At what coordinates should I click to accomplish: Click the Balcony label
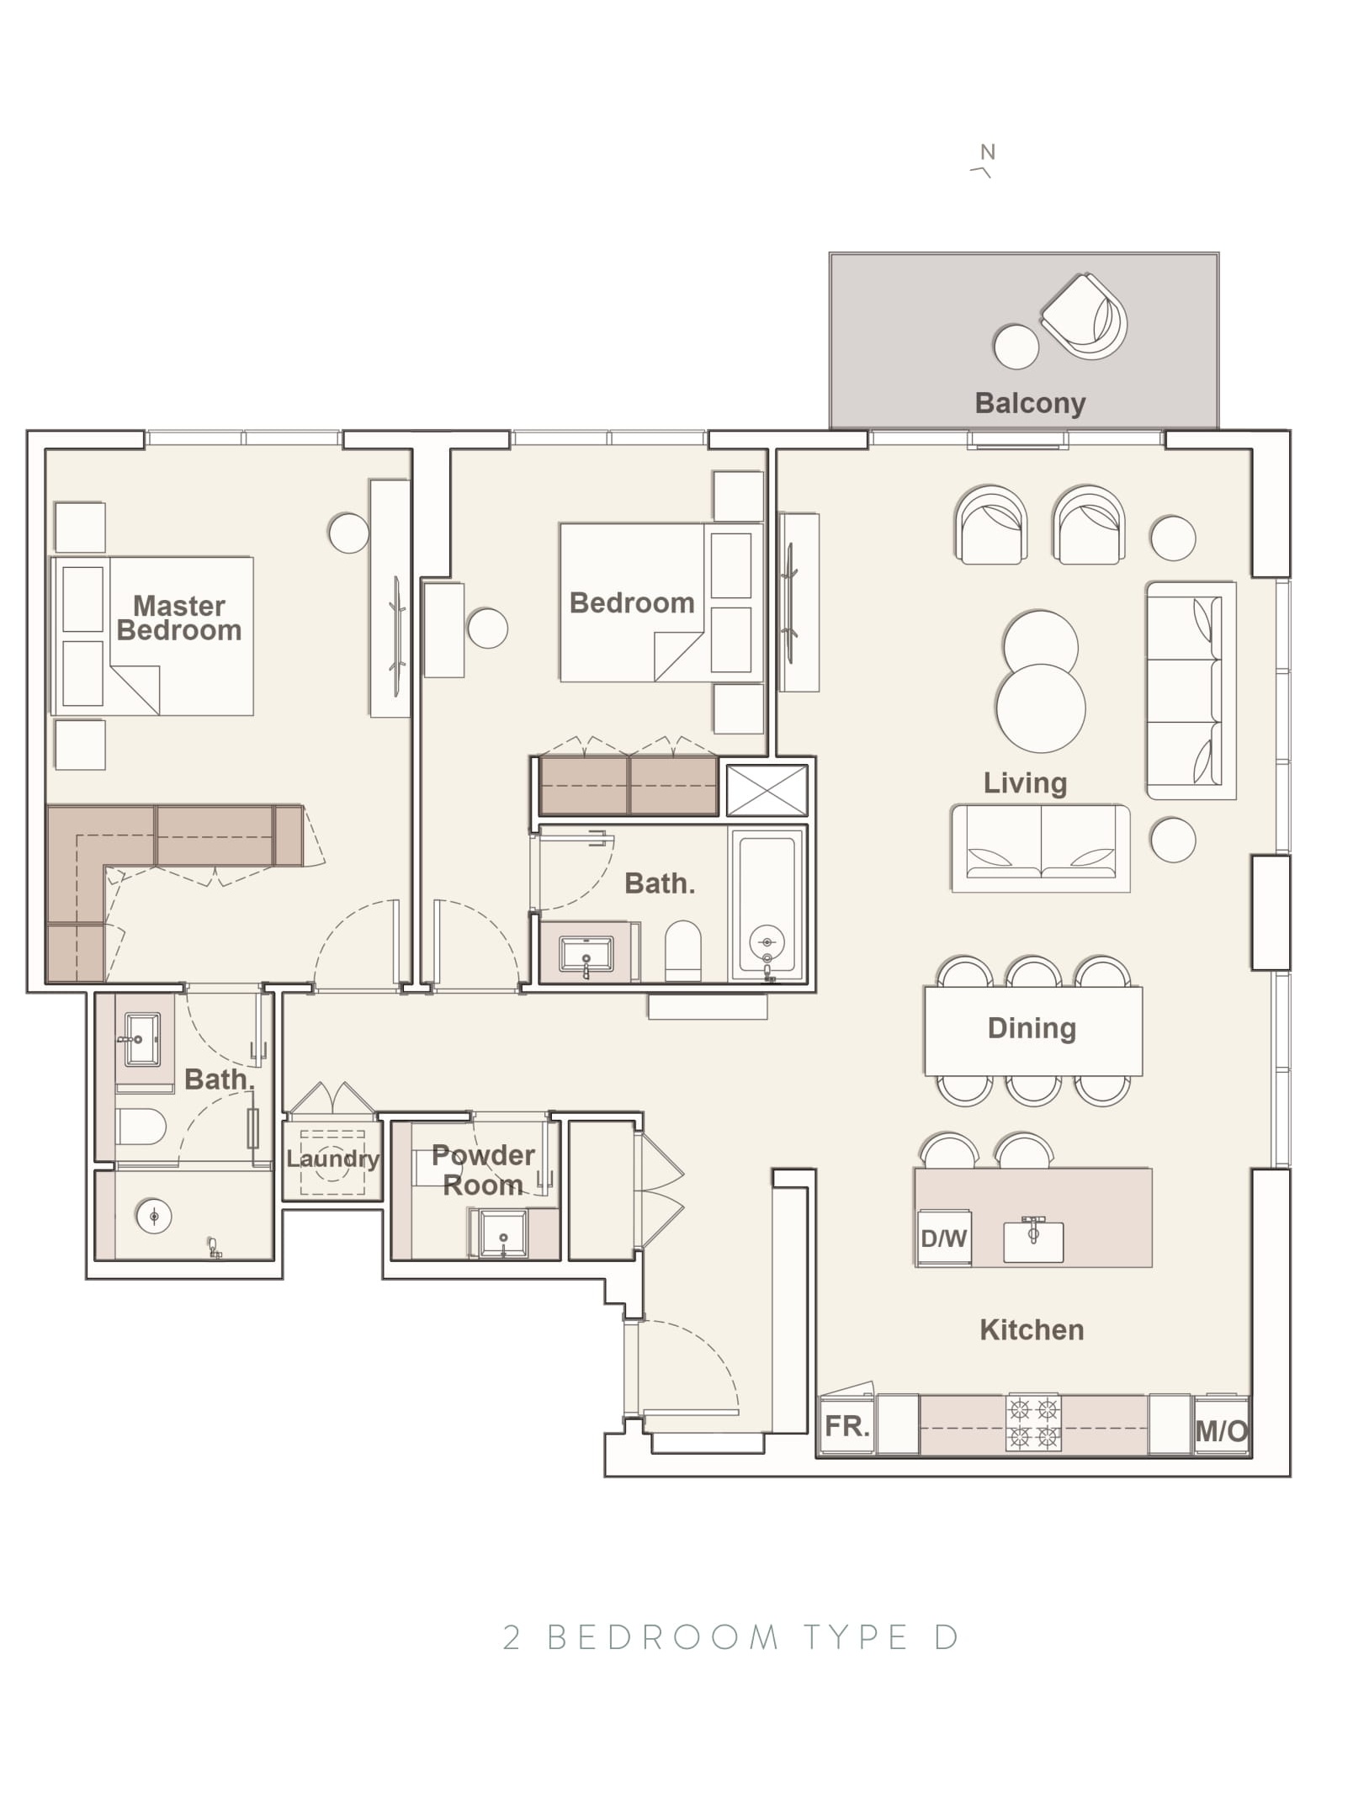tap(1029, 403)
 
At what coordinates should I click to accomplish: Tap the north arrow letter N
tap(987, 152)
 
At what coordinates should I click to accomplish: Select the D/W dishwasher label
tap(943, 1238)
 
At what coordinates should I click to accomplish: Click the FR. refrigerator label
tap(846, 1425)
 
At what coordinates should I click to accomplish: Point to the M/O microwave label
tap(1221, 1430)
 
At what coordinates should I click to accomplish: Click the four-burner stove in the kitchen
tap(1032, 1423)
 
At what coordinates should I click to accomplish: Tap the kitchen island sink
tap(1032, 1239)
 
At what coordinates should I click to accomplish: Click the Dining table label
tap(1032, 1028)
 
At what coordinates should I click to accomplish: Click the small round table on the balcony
tap(1016, 347)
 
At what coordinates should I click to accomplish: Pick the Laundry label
tap(332, 1159)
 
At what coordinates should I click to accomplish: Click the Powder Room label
tap(483, 1169)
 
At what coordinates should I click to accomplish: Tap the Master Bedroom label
tap(179, 618)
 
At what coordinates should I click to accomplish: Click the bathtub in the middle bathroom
tap(767, 904)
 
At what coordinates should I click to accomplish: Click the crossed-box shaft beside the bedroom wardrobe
tap(767, 790)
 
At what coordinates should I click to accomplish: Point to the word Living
tap(1025, 783)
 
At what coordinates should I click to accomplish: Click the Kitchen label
tap(1032, 1329)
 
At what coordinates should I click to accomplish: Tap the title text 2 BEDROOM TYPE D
tap(730, 1637)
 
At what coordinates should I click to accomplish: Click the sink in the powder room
tap(502, 1233)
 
